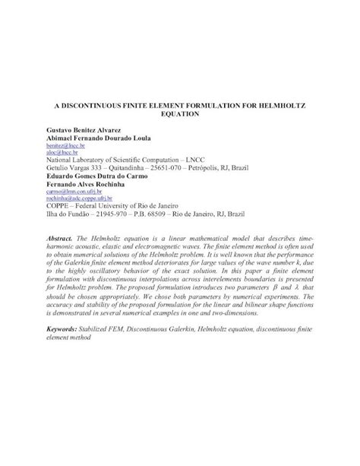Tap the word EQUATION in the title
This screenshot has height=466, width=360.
[179, 110]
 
